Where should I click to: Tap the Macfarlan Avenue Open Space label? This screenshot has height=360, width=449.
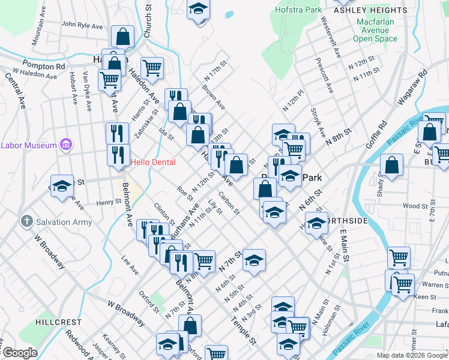tap(375, 30)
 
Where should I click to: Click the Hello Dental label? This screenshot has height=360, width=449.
tap(153, 162)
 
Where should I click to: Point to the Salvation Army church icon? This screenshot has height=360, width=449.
tap(26, 222)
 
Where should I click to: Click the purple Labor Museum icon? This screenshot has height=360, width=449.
tap(66, 145)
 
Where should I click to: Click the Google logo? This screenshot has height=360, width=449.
tap(20, 353)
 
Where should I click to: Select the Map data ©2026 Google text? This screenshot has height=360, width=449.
tap(412, 355)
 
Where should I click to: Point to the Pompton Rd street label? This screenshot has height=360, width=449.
tap(43, 64)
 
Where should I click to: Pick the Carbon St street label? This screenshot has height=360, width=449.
tap(229, 203)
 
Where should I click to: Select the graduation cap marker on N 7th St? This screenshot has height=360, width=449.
tap(254, 260)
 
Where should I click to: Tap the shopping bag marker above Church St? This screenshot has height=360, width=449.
tap(122, 37)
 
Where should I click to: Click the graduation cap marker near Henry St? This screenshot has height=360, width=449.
tap(61, 187)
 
